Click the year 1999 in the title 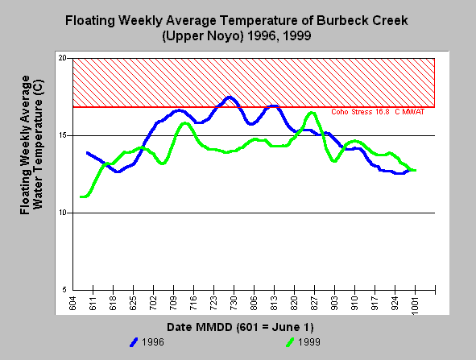[297, 35]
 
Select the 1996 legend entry [147, 342]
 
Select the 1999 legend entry [303, 342]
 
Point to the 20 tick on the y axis [62, 58]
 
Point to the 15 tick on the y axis [62, 135]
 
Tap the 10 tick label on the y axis [62, 213]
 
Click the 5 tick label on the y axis [64, 290]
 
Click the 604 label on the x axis [72, 304]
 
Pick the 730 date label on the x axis [234, 304]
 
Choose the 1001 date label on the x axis [416, 306]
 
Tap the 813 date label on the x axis [274, 304]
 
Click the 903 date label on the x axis [334, 304]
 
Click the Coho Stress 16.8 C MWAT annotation [378, 112]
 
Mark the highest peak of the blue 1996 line [230, 97]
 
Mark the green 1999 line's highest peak [312, 114]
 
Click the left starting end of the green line [81, 197]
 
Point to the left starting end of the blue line [88, 153]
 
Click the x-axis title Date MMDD [240, 327]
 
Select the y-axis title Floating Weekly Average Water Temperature [31, 145]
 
